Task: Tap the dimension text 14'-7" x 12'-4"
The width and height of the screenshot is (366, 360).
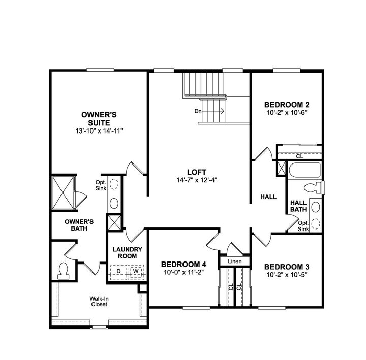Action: [x=196, y=180]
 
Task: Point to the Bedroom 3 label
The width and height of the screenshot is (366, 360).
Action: [x=287, y=267]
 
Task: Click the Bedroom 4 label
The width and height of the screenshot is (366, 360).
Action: [x=184, y=264]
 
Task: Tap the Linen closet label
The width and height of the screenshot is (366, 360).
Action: [x=234, y=261]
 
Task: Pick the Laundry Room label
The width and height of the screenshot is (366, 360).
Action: [x=127, y=252]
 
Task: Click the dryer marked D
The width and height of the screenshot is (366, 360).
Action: [x=118, y=271]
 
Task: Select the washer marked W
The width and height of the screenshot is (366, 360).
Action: [x=136, y=271]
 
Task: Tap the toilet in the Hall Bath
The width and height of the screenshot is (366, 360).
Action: [x=317, y=186]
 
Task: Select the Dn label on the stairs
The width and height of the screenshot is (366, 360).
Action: [x=198, y=111]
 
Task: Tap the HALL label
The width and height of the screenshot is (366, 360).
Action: [x=268, y=197]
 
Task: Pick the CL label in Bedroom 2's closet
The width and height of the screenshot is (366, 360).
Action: [x=299, y=156]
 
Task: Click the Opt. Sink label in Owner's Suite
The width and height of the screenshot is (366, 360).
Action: [x=100, y=186]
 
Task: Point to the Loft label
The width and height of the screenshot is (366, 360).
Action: [x=196, y=172]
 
